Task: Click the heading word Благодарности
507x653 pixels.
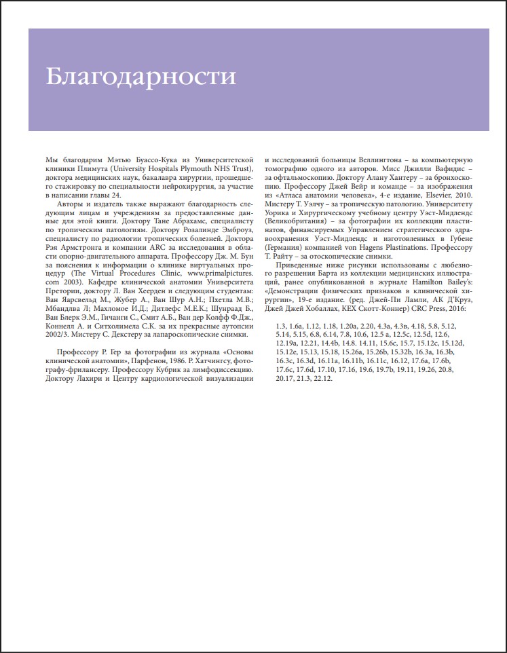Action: pos(141,76)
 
